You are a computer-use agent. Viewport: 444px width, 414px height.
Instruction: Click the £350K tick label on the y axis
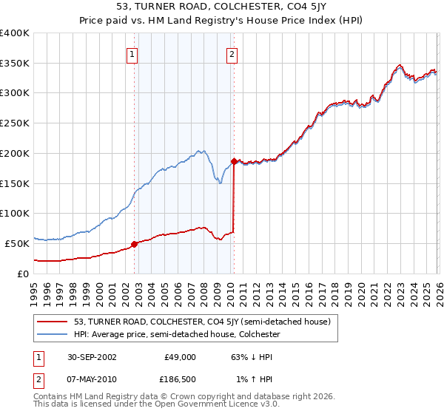coord(15,64)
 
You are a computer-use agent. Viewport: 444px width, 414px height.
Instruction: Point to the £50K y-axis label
coord(17,243)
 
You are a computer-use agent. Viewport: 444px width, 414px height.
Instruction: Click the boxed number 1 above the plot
coord(132,53)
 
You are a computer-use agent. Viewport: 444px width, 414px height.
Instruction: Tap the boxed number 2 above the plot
coord(232,53)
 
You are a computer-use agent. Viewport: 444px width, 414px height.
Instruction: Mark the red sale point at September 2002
coord(135,243)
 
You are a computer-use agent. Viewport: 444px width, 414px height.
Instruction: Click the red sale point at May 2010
coord(234,161)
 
